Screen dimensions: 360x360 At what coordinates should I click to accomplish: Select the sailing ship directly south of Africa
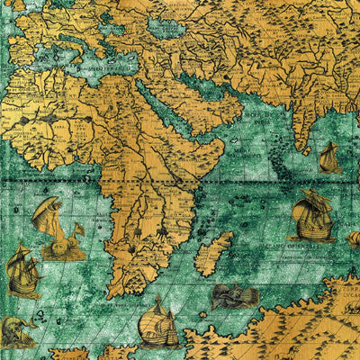tap(158, 323)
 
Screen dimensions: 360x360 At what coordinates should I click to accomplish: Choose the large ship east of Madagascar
tap(311, 216)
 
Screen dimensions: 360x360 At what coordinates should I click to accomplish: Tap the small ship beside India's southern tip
tap(328, 159)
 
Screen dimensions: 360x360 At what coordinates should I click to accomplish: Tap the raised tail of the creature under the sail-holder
tap(77, 230)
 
